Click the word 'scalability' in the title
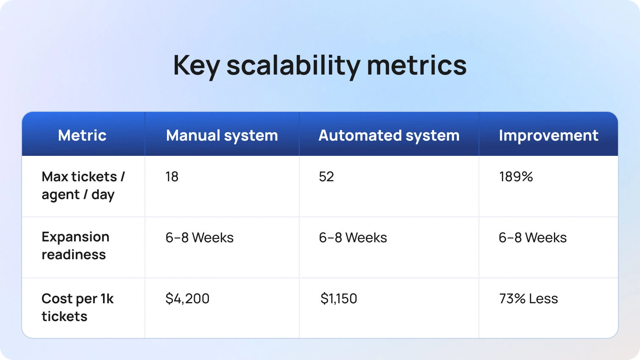point(293,66)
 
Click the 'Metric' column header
point(82,135)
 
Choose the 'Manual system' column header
point(222,136)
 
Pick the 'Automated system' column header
point(389,136)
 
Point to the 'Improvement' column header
point(548,136)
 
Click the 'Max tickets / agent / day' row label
point(83,186)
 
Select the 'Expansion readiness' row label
point(75,246)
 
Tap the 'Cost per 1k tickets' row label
point(78,307)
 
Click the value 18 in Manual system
point(172,177)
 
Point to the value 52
point(326,177)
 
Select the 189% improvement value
point(516,177)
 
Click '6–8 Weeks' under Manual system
point(200,238)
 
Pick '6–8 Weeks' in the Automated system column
point(353,238)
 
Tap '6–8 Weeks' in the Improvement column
point(533,238)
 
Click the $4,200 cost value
point(187,299)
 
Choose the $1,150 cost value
point(339,299)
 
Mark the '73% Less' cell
point(529,299)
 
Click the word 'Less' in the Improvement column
point(543,299)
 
